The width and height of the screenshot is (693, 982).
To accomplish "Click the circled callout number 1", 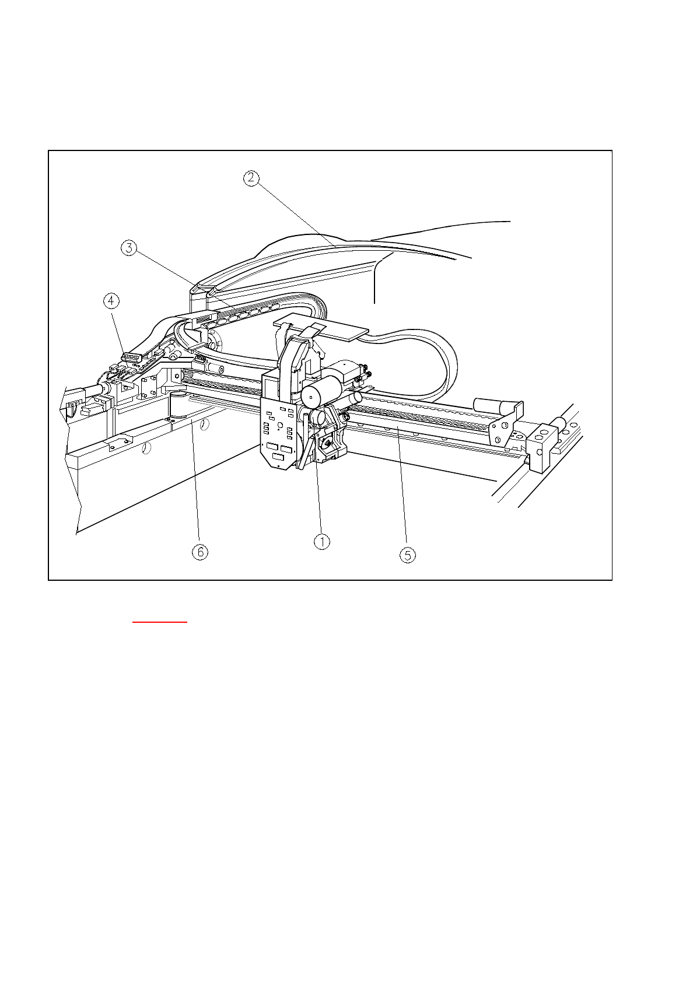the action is pos(321,542).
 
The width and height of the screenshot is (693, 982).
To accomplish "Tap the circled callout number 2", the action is pos(250,178).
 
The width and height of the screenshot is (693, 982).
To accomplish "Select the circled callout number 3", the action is pos(129,248).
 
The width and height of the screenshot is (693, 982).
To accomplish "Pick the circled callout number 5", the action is pos(407,555).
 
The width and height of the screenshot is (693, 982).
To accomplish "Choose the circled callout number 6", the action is pos(200,552).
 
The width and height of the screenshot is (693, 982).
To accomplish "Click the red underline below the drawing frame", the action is pos(160,622).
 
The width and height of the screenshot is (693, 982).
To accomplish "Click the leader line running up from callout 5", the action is pos(402,490).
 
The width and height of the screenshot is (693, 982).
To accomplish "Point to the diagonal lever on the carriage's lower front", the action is pos(304,449).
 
